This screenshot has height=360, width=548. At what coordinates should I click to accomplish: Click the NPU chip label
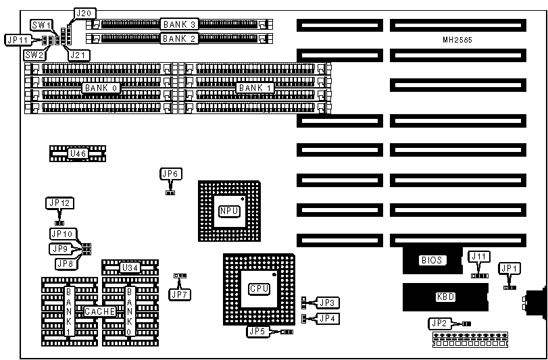coord(229,211)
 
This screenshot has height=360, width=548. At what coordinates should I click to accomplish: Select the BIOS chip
coord(432,259)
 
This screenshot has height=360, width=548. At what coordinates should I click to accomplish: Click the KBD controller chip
coord(445,296)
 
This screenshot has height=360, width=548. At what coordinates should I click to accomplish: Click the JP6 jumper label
coord(170,174)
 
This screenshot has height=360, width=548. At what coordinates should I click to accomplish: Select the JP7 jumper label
coord(178,293)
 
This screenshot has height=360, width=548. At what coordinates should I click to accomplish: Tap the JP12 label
coord(59,203)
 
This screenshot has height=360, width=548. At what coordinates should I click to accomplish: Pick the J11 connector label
coord(479,256)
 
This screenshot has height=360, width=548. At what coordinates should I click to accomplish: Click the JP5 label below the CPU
coord(257,332)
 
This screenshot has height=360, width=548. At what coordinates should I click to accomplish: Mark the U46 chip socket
coord(78,154)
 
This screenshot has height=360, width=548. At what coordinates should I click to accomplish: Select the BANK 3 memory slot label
coord(179,24)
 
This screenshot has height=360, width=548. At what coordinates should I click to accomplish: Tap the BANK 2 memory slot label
coord(179,38)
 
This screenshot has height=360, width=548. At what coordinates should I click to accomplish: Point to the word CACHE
coord(99,311)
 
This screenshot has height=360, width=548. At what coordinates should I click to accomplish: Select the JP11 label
coord(16,40)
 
